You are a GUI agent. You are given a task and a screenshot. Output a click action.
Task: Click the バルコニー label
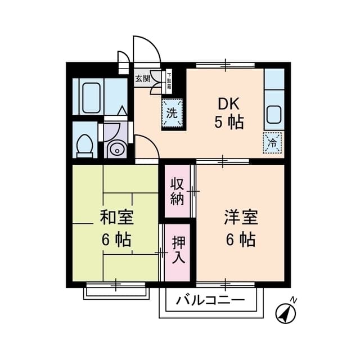210,300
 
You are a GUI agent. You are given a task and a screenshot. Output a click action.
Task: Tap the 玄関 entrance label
142,79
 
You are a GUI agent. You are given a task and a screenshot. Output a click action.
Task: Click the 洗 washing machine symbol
173,112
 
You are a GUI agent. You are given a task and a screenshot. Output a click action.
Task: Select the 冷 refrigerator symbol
272,142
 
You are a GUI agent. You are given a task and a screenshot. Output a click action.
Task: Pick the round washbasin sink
116,150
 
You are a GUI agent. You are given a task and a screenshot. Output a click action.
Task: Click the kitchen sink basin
274,114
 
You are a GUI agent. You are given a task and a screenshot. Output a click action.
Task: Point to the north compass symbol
286,312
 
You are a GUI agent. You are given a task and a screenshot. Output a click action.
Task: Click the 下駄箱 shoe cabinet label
169,79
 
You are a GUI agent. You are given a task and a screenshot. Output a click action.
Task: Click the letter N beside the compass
294,299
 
